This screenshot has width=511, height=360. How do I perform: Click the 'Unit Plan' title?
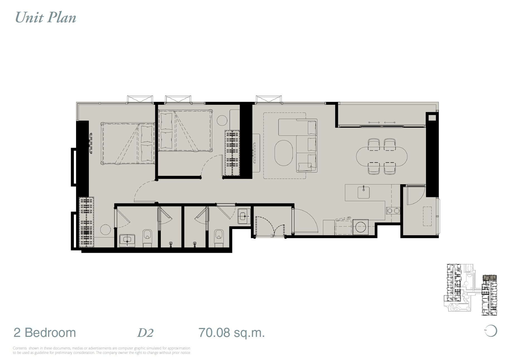45,18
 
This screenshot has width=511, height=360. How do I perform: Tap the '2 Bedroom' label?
45,333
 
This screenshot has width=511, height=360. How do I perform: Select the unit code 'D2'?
145,333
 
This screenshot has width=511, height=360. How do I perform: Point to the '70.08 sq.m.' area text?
231,333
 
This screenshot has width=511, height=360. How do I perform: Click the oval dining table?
381,157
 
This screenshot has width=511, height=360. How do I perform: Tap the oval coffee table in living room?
284,153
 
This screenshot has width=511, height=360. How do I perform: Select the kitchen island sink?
364,192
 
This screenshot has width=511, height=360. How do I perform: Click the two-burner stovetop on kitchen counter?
393,211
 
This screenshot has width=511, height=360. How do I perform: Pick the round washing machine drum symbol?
361,227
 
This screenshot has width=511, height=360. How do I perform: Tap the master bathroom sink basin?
127,240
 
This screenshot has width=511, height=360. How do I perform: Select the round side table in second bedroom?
222,121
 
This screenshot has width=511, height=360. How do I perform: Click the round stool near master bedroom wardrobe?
106,230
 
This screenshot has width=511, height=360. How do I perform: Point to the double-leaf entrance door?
270,227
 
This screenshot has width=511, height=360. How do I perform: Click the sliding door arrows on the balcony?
381,122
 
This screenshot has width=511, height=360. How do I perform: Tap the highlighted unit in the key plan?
490,278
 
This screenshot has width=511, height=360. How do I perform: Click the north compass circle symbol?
491,331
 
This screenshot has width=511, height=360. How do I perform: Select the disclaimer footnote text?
101,350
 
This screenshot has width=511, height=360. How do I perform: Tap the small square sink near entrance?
244,216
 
